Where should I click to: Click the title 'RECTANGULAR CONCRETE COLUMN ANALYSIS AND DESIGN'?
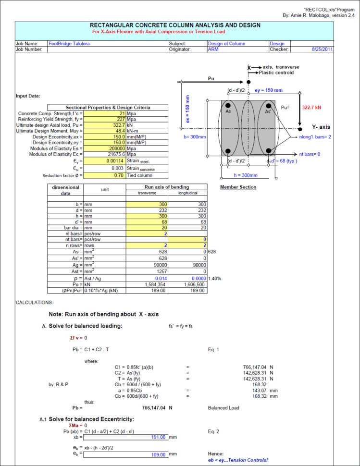click(x=175, y=25)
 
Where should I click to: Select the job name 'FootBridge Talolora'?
click(x=69, y=44)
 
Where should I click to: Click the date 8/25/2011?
click(x=323, y=49)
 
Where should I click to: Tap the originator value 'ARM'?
click(x=213, y=49)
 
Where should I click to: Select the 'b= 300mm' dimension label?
click(x=195, y=137)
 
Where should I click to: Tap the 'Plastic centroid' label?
click(x=276, y=73)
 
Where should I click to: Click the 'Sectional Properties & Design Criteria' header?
click(x=108, y=107)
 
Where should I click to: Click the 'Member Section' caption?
click(x=238, y=187)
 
